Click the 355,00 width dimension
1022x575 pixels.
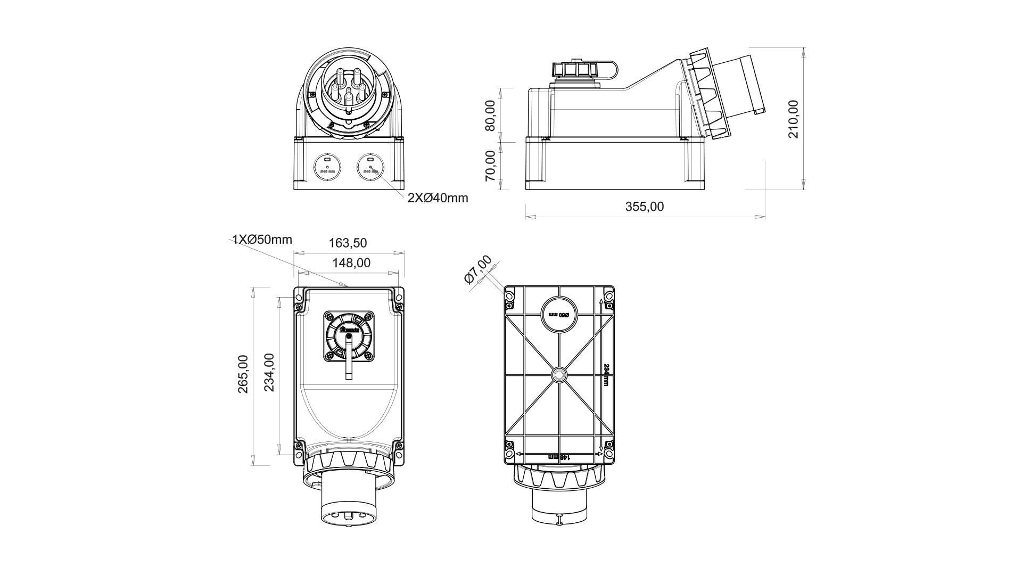coord(645,207)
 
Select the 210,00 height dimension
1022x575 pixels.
coord(794,119)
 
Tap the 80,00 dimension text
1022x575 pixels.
coord(490,115)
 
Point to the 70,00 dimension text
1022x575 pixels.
coord(490,166)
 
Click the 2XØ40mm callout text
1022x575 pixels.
coord(438,198)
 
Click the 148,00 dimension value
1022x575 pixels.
coord(351,262)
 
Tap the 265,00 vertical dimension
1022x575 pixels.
coord(243,374)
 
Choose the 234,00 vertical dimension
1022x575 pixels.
coord(269,372)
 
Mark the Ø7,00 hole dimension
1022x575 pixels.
coord(477,270)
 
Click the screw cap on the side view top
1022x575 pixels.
coord(575,70)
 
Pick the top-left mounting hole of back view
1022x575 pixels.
coord(509,295)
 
